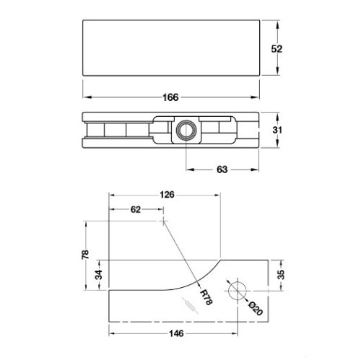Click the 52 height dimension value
(277, 49)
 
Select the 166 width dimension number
(170, 97)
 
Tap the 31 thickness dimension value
(277, 130)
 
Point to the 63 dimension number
(222, 170)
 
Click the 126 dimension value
(167, 194)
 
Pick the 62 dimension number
(136, 209)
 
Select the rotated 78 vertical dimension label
(85, 255)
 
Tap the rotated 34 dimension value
(98, 275)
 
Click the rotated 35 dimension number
(281, 275)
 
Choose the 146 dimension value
(176, 333)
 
